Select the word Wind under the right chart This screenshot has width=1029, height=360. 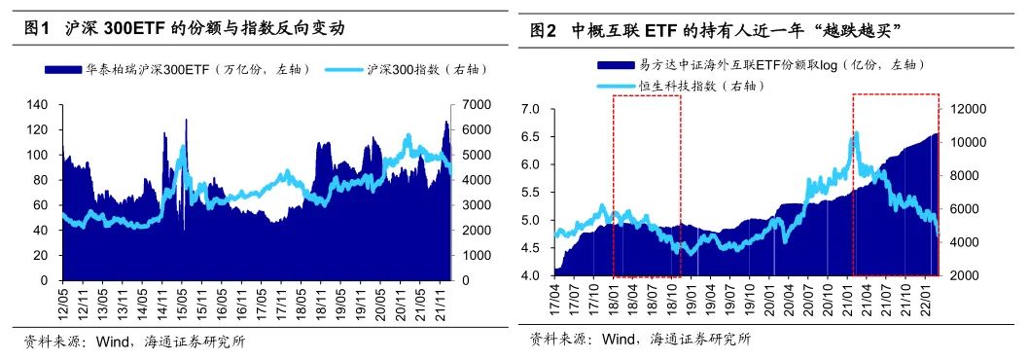pos(620,339)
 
